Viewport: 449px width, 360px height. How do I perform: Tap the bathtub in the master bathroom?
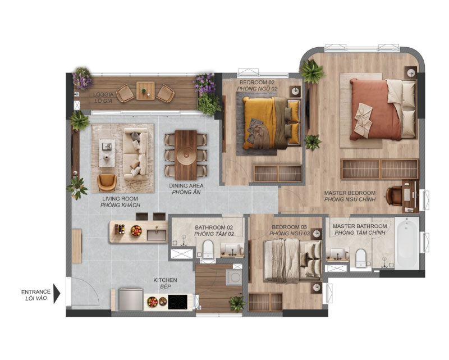coord(406,243)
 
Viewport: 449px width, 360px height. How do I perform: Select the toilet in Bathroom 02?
coord(208,249)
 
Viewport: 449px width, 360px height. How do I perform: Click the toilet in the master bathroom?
coord(361,258)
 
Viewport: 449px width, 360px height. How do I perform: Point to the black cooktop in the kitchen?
coord(177,302)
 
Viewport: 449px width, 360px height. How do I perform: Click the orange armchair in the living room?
coord(107,183)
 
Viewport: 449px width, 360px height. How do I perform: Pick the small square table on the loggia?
coord(145,91)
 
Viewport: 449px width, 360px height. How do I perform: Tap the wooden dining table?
coord(186,155)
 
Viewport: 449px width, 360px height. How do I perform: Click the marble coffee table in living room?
coord(107,153)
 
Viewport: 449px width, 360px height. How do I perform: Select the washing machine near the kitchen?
coord(234,277)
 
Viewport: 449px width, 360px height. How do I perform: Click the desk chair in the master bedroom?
coord(394,196)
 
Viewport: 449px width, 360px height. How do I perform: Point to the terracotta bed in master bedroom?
coord(383,109)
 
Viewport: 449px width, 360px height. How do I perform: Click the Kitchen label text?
coord(165,283)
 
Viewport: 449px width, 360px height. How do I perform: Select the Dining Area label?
coord(186,189)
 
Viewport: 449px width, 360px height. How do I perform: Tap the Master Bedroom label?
coord(350,196)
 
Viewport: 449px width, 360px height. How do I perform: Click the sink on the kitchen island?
coord(157,235)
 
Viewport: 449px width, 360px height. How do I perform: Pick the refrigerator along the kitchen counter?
coord(131,299)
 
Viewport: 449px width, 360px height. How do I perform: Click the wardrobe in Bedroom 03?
coord(265,302)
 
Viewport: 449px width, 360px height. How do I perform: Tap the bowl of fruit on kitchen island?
coord(136,231)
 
